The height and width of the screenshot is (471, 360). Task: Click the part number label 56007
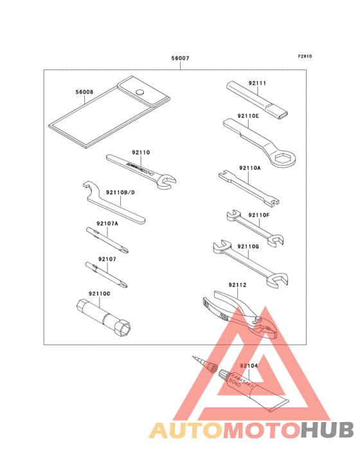[180, 59]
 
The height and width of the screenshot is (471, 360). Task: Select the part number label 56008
[84, 92]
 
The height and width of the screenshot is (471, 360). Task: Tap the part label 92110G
[248, 246]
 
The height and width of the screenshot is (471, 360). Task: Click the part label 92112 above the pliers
[237, 284]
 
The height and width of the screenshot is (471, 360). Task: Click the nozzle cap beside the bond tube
[208, 366]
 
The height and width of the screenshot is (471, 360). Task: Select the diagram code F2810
[305, 56]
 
